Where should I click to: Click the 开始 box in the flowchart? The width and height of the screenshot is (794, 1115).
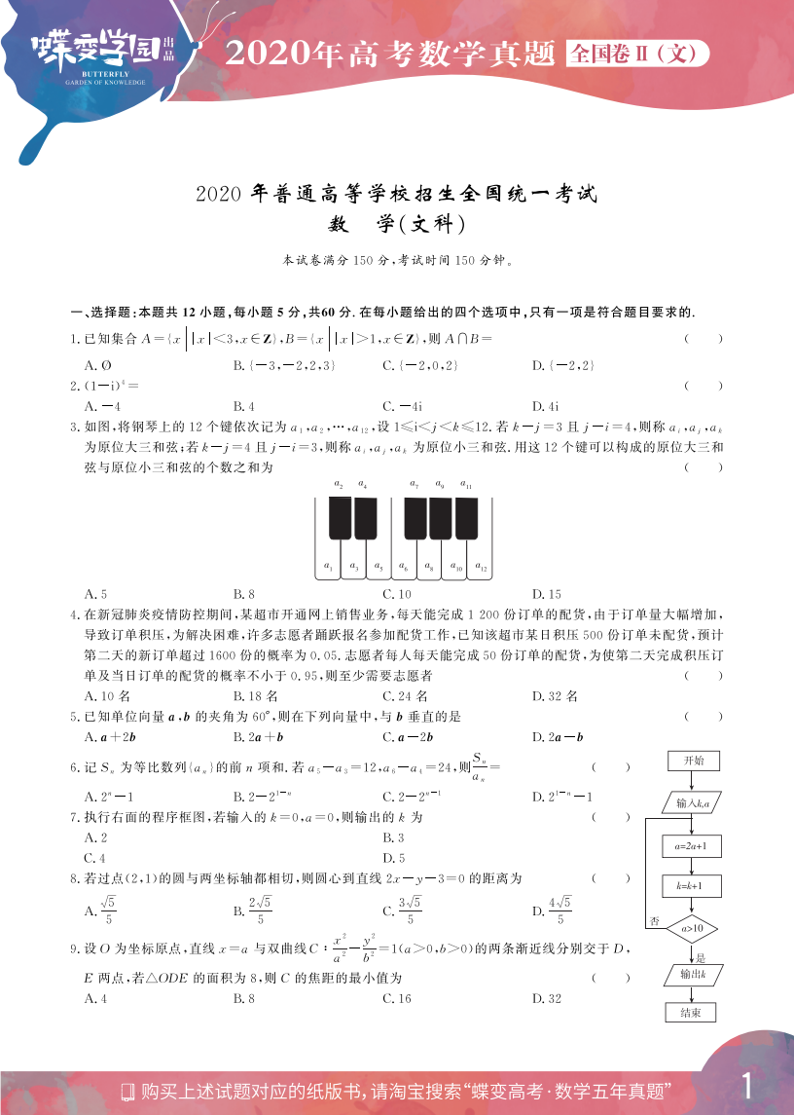point(693,760)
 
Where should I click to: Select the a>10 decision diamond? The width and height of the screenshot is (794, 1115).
point(692,928)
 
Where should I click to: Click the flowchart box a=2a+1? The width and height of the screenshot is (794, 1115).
point(691,846)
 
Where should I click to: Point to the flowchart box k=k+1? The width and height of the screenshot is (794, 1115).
point(691,886)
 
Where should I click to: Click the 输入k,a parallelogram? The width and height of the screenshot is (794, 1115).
point(692,802)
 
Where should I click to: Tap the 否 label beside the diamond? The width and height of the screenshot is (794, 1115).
point(655,920)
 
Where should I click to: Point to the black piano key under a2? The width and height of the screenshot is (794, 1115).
point(340,518)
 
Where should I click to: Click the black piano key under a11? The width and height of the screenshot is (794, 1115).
point(466,518)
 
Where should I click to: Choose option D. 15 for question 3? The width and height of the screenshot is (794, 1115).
point(546,594)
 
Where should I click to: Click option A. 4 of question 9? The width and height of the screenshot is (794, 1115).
point(95,998)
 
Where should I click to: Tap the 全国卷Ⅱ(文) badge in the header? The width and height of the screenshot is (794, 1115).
point(635,54)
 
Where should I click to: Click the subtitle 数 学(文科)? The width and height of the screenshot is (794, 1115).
point(397,224)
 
